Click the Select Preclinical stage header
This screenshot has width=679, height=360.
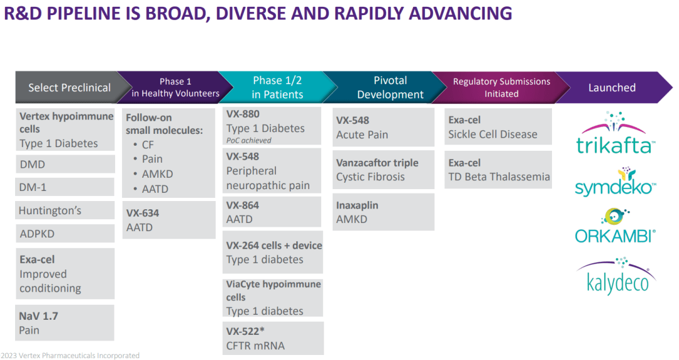click(69, 88)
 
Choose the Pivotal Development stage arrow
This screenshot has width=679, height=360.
click(390, 88)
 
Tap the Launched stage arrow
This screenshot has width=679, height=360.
click(612, 88)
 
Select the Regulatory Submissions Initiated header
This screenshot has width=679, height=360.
click(501, 88)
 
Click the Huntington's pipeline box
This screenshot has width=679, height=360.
click(65, 211)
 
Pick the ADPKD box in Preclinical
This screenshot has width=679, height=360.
click(65, 234)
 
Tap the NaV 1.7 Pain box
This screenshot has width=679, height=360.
click(65, 323)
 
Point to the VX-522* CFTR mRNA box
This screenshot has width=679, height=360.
click(273, 338)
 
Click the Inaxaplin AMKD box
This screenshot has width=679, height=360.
click(383, 212)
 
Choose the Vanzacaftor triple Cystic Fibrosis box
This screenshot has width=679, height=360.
click(383, 170)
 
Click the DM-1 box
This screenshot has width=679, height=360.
click(65, 187)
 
